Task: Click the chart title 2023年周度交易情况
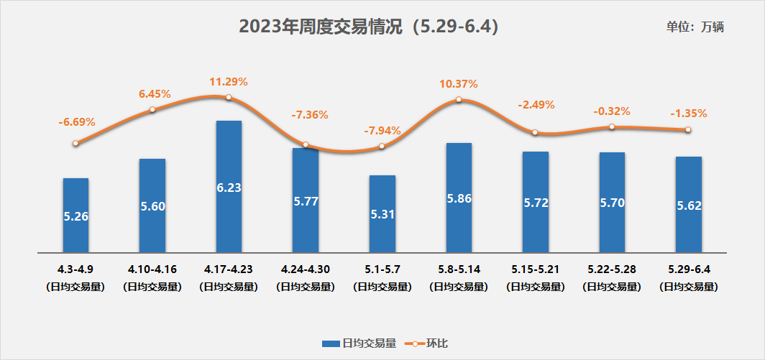(x=368, y=27)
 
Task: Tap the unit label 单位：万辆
(x=695, y=27)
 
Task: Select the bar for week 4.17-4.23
(x=229, y=187)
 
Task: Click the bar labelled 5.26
(x=76, y=216)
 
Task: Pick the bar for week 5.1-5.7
(x=382, y=214)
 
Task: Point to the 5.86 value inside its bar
(x=459, y=199)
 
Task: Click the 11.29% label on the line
(x=228, y=81)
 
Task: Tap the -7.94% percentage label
(x=382, y=130)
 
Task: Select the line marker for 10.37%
(x=459, y=100)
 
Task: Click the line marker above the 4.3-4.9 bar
(x=75, y=143)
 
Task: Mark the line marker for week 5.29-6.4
(x=688, y=130)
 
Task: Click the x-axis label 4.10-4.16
(x=152, y=269)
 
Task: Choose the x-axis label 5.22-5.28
(x=611, y=269)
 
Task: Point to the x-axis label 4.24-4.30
(x=306, y=269)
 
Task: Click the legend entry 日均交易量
(x=359, y=343)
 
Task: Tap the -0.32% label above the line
(x=611, y=111)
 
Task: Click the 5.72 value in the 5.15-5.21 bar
(x=536, y=203)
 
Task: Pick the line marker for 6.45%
(x=152, y=109)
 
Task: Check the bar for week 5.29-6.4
(x=688, y=205)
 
